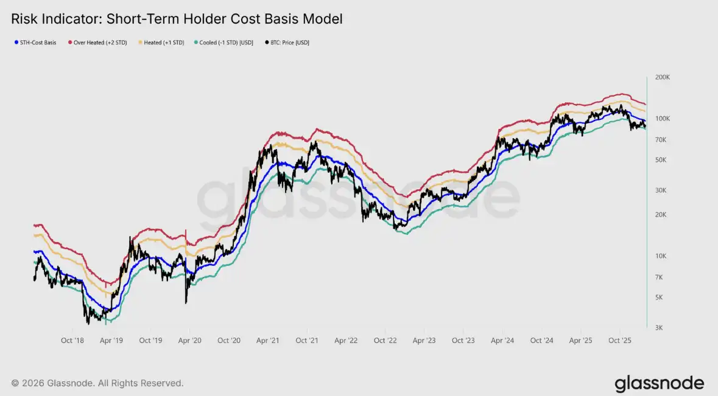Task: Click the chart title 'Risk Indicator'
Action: (x=177, y=19)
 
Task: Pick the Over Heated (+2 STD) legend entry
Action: (x=99, y=43)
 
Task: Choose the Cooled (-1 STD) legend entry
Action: (x=226, y=43)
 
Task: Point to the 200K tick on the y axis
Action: (x=663, y=78)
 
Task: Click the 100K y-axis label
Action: (x=663, y=118)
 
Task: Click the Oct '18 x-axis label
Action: (x=72, y=341)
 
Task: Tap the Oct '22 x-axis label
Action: (x=385, y=341)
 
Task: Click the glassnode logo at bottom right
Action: (x=659, y=384)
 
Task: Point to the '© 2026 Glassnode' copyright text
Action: (x=97, y=383)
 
